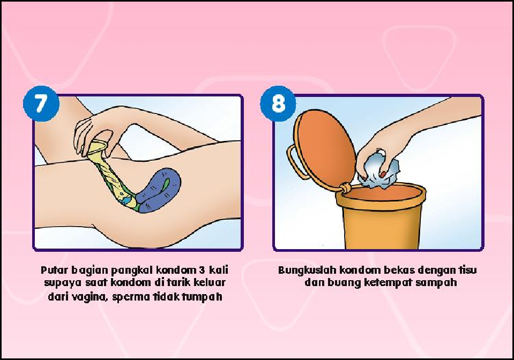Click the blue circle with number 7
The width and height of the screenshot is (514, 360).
[41, 103]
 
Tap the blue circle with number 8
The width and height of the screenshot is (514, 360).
[278, 103]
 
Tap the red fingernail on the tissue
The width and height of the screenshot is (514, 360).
[383, 174]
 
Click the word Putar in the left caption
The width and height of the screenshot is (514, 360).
[54, 270]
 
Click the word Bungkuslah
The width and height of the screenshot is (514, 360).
[307, 270]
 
